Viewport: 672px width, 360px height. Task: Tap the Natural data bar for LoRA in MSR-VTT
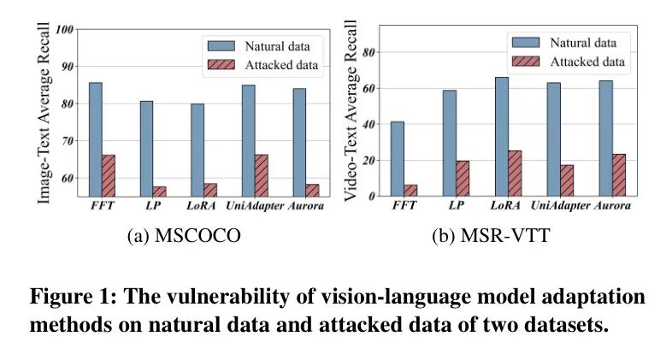502,136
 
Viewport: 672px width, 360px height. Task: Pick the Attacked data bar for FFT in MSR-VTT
410,190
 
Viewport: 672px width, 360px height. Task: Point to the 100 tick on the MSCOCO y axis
64,29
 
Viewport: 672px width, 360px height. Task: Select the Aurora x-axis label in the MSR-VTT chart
612,206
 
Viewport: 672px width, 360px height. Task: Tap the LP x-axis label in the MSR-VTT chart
457,206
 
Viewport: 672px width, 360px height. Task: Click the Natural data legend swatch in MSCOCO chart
221,45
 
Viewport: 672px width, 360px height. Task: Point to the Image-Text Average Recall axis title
44,112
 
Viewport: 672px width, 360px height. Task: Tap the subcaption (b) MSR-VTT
489,237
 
